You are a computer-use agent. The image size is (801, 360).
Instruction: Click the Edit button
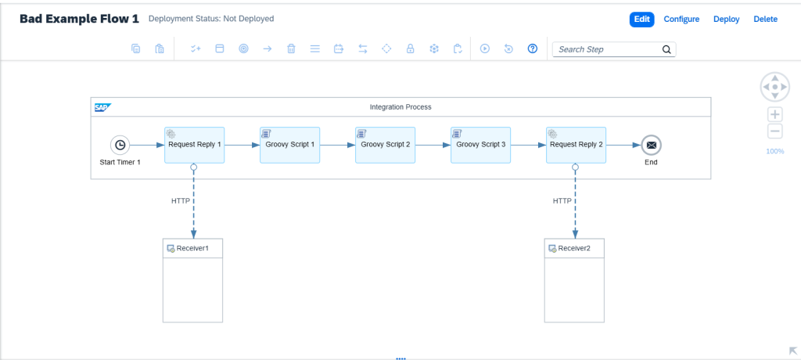pos(641,20)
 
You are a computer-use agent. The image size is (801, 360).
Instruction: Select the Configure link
pos(681,20)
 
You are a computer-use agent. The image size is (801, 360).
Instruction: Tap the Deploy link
pos(727,20)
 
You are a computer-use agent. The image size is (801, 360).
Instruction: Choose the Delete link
pos(765,20)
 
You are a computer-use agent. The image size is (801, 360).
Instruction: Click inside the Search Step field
pos(608,49)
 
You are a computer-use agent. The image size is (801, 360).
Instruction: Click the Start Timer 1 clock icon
pos(120,146)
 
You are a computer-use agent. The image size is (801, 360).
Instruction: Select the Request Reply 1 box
pos(194,146)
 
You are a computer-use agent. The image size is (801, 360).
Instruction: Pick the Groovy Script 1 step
pos(289,146)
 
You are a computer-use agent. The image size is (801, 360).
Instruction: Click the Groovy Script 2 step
pos(385,146)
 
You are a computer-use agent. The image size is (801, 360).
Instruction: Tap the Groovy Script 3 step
pos(481,146)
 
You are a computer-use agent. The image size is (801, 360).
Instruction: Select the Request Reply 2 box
pos(577,146)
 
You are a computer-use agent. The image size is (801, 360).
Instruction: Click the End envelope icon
pos(651,146)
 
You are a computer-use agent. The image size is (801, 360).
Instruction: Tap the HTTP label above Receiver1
pos(181,201)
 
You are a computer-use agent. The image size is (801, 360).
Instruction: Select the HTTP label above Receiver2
pos(562,201)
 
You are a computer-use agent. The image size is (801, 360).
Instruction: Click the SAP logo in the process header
pos(102,107)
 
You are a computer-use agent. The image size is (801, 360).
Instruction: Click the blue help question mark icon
pos(532,49)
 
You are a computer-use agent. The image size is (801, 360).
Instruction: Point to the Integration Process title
pos(400,107)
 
